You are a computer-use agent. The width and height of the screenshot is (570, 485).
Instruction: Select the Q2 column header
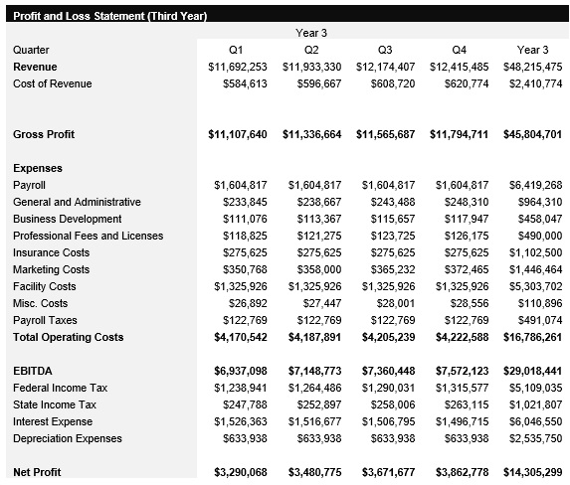(311, 50)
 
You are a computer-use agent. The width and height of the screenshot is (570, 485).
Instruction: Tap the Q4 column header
(459, 50)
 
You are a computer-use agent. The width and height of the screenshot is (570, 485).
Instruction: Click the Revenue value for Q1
(238, 67)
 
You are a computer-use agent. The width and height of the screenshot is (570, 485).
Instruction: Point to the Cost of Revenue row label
(52, 83)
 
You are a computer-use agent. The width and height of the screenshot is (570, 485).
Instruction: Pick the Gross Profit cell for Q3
(385, 134)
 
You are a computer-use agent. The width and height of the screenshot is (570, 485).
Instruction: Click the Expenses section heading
(37, 168)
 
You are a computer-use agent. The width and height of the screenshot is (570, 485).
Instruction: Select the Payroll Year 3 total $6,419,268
(535, 185)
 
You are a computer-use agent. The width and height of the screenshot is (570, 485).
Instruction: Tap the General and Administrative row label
(77, 202)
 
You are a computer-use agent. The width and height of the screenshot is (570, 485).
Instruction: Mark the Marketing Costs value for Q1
(241, 269)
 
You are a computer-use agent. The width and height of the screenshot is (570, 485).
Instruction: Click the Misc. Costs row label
(41, 303)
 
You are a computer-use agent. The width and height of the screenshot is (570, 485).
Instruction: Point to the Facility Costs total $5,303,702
(535, 286)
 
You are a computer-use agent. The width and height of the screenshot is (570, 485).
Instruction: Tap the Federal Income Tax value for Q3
(388, 388)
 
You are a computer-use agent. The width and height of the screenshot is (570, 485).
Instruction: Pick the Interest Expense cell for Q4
(462, 421)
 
